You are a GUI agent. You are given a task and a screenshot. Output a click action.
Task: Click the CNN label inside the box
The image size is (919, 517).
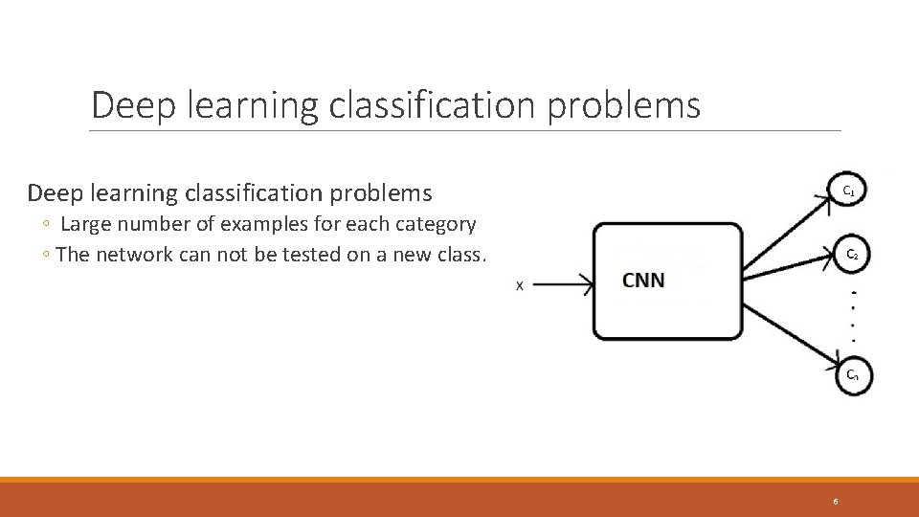[x=643, y=281]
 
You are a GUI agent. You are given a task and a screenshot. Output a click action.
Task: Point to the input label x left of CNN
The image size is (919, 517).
[x=520, y=285]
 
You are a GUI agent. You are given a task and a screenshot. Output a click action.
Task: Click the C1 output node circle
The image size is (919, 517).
[x=848, y=191]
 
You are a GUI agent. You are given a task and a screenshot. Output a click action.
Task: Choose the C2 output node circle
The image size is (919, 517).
[x=850, y=254]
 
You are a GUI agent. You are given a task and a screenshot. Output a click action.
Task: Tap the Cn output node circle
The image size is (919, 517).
[x=850, y=375]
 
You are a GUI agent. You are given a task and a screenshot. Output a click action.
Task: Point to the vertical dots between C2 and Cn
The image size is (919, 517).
[x=853, y=315]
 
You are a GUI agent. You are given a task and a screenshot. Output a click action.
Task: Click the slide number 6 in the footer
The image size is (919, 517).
[x=835, y=502]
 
